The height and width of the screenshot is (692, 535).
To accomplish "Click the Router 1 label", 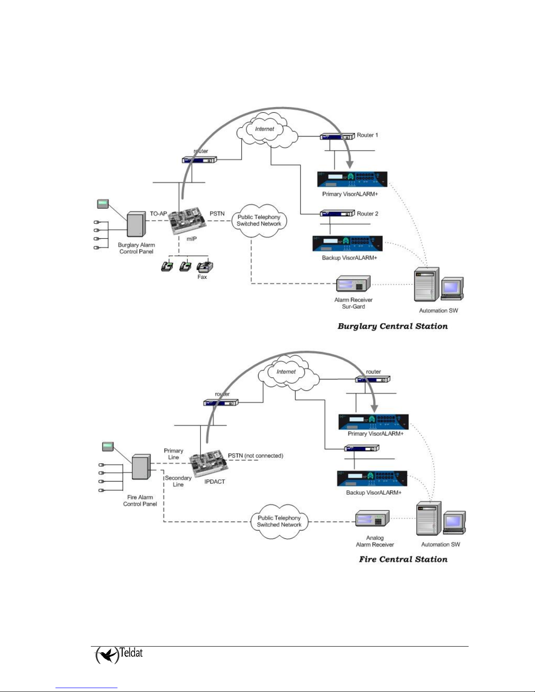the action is point(367,135).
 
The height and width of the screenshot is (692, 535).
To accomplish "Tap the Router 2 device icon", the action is point(337,213).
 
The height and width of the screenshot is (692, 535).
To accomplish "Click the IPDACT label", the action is point(214,482).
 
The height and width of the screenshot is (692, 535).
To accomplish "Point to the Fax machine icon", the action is point(205,267).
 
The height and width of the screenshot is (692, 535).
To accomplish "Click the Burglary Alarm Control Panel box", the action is point(136,224).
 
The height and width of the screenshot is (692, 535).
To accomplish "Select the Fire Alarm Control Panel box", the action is point(142,467).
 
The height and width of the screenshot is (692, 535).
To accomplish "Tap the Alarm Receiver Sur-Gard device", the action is point(353,283).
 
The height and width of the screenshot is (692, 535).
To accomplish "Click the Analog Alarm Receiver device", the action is point(373,518).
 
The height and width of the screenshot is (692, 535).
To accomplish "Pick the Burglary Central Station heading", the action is point(393,326).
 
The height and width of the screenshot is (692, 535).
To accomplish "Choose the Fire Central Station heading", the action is point(403,559).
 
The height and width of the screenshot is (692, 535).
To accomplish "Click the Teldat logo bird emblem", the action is point(107,655).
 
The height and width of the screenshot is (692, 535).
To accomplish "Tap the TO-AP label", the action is point(158,213).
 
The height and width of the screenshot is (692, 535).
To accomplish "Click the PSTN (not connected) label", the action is point(255,456).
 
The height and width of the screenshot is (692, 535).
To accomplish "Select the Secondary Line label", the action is point(178,481).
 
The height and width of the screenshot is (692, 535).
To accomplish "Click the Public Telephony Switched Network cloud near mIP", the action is point(259,220).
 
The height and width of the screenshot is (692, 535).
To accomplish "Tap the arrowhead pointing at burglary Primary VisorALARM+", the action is point(350,164).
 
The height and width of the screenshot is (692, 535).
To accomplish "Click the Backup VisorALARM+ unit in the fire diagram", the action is point(372,478).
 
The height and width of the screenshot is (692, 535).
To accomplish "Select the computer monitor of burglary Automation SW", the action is point(452,289).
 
